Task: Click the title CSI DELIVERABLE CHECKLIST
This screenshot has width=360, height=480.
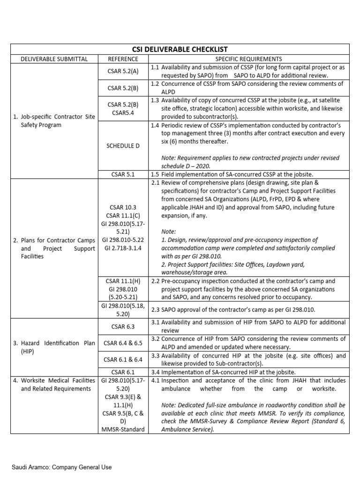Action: [180, 50]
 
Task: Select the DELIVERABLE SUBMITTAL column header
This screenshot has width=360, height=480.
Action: [53, 59]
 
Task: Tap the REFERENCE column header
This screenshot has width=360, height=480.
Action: [123, 59]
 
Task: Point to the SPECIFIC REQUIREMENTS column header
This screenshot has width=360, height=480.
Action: [249, 59]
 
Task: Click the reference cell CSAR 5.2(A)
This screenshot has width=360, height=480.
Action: [123, 71]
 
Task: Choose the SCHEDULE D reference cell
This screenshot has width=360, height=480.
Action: [123, 146]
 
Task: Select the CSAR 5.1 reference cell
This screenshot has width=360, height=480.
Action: [123, 174]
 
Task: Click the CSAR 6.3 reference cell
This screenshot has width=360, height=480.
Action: [123, 326]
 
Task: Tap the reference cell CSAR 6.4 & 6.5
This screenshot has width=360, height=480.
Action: [123, 343]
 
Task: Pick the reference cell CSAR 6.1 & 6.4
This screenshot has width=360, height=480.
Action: [123, 360]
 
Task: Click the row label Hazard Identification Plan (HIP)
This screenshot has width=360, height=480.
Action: [53, 347]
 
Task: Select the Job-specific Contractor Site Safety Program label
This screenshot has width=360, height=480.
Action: [53, 121]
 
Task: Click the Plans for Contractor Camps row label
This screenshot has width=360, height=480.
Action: [53, 248]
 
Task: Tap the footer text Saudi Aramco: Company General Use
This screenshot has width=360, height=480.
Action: [62, 467]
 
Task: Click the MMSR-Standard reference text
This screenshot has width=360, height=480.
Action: [123, 429]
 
